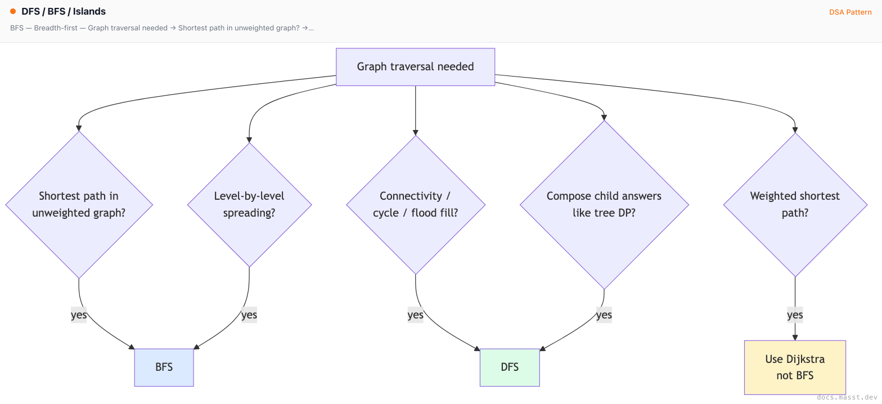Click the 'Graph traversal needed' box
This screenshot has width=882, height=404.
(x=415, y=66)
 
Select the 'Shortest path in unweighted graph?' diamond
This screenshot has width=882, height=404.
(x=79, y=205)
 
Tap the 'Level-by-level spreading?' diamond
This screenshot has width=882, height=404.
(x=249, y=205)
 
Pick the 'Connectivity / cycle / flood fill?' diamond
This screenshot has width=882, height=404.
(x=415, y=205)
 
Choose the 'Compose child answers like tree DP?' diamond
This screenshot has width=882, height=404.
(x=604, y=205)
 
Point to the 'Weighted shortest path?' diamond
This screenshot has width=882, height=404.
(x=795, y=205)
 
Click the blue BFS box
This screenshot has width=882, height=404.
(x=164, y=367)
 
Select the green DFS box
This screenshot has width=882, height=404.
(x=510, y=367)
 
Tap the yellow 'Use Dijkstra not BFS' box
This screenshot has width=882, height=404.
(x=795, y=367)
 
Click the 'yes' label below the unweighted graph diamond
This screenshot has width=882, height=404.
(x=79, y=315)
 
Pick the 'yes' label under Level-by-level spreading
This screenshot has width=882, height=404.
(x=249, y=315)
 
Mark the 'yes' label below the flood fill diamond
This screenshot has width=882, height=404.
(x=415, y=315)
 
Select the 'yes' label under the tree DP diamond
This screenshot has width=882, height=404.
(x=604, y=315)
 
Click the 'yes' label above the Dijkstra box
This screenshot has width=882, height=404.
(x=795, y=315)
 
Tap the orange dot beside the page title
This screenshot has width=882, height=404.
(x=13, y=11)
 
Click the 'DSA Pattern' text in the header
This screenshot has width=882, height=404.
(x=850, y=12)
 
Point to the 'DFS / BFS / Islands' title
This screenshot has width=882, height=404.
(x=64, y=11)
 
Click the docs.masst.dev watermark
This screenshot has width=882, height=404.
(x=847, y=397)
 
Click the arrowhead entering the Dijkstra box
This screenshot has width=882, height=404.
(x=795, y=338)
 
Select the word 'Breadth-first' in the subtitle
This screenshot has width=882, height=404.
(x=56, y=28)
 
